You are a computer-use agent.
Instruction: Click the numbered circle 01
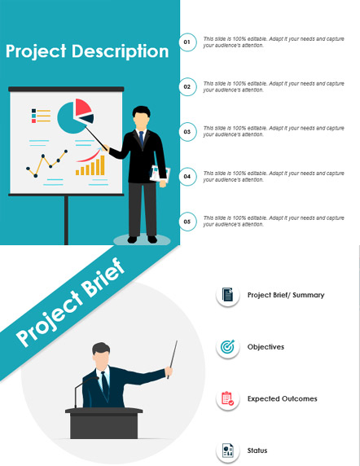click(187, 42)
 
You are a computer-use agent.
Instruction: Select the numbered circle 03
click(187, 132)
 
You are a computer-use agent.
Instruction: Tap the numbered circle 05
click(187, 222)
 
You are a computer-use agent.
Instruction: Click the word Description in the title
click(121, 51)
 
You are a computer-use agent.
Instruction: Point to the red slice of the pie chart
click(82, 107)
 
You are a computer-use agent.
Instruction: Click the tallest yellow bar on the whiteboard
click(103, 165)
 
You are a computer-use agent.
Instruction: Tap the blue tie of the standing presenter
click(142, 138)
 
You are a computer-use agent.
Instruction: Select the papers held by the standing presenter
click(160, 174)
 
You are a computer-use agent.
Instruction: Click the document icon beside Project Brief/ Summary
click(227, 295)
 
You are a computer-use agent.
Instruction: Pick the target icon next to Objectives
click(227, 346)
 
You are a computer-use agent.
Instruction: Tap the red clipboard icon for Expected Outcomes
click(227, 398)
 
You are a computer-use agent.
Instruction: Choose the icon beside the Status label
click(228, 451)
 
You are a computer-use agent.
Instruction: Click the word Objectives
click(266, 347)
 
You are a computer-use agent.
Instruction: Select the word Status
click(257, 451)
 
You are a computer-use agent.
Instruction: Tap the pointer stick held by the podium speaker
click(173, 359)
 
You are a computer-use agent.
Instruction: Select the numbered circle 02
click(187, 87)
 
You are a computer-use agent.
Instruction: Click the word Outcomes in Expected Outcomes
click(300, 398)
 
